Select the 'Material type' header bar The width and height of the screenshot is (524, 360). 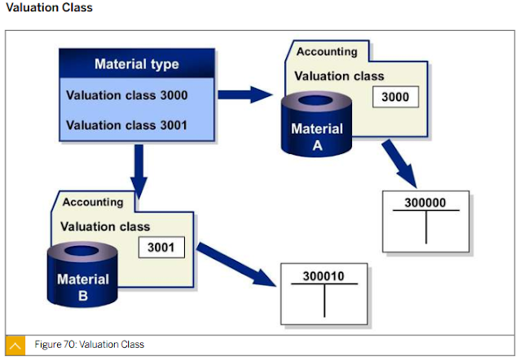point(137,64)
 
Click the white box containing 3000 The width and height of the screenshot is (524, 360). point(395,98)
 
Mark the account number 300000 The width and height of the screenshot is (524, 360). point(425,202)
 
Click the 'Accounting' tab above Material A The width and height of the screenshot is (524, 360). point(327,51)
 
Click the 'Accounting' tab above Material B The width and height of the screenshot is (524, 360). point(93,201)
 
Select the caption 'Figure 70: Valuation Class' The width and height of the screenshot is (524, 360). point(89,345)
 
